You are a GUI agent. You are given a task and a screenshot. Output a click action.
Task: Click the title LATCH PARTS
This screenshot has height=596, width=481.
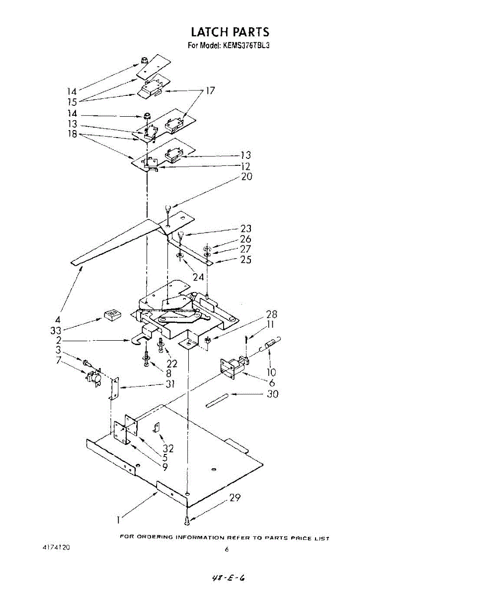[x=230, y=32]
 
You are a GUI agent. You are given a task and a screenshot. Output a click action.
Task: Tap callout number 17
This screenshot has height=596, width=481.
[x=211, y=91]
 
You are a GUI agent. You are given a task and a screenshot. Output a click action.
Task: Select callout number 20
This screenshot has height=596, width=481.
[x=246, y=176]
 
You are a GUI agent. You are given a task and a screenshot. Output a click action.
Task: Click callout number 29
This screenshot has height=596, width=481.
[x=235, y=498]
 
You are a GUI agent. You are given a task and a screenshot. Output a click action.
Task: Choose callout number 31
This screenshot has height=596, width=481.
[x=170, y=383]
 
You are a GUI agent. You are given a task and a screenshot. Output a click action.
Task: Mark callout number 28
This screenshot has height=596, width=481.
[x=271, y=314]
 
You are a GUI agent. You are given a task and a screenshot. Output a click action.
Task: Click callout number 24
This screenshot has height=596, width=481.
[x=198, y=277]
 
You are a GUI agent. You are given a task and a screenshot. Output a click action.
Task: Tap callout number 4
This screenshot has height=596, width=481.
[x=58, y=319]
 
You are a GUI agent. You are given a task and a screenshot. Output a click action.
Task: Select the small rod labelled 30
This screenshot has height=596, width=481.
[x=217, y=400]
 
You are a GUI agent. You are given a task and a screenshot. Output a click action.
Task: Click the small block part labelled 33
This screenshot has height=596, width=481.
[x=112, y=314]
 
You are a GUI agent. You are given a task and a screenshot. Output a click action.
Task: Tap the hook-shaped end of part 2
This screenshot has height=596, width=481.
[x=136, y=341]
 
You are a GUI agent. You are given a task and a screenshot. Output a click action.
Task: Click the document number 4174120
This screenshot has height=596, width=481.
[x=56, y=547]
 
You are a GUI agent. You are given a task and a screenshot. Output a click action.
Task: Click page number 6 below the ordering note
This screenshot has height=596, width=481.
[x=227, y=549]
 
